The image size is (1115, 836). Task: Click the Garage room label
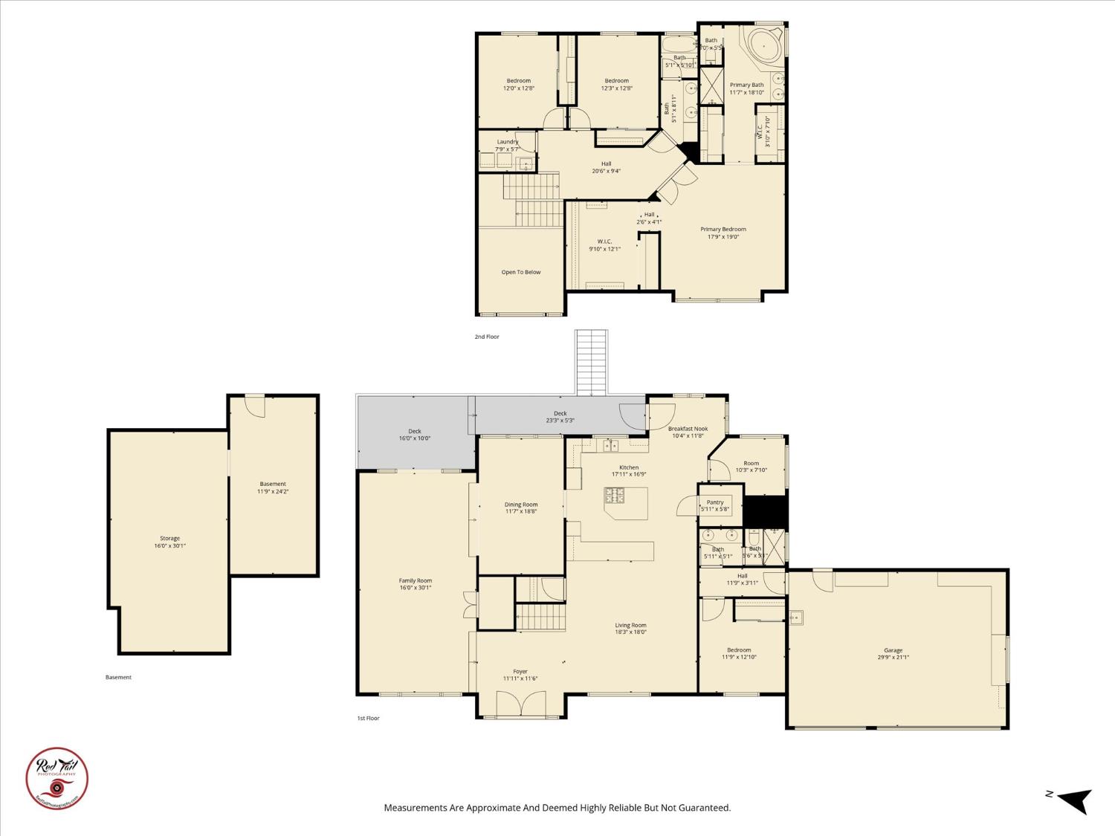point(893,653)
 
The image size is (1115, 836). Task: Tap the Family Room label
point(415,584)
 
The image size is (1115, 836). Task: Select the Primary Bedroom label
point(723,233)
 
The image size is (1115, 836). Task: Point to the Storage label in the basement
point(169,542)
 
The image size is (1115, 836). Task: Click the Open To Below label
point(520,272)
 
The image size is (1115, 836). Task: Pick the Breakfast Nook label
point(688,432)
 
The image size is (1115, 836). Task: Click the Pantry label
point(715,505)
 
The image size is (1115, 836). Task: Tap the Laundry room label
point(508,145)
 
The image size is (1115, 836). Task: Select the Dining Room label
point(520,508)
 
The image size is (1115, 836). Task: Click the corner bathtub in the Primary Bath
point(763,45)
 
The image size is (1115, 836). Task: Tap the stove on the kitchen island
point(615,496)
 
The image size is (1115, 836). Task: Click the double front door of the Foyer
point(520,704)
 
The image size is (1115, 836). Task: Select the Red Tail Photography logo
point(56,777)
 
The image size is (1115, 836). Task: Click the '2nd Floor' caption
point(487,337)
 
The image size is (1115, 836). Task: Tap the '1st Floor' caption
point(368,718)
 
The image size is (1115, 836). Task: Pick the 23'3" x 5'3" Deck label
point(560,417)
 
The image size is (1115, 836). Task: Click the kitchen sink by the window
point(611,446)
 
